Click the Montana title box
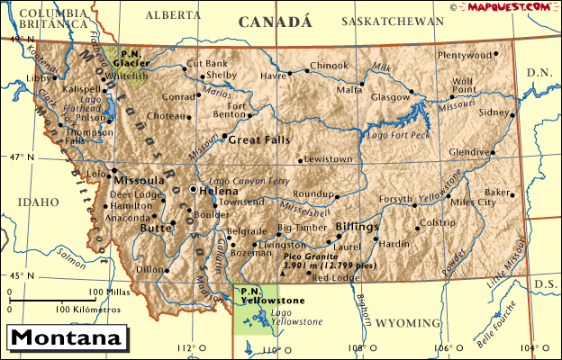coord(67,339)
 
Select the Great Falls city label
coord(259,139)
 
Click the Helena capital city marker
coord(193,191)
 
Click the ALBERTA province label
coord(173,15)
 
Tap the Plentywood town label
coord(465,55)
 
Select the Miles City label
coord(473,202)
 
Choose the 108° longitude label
coord(358,347)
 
